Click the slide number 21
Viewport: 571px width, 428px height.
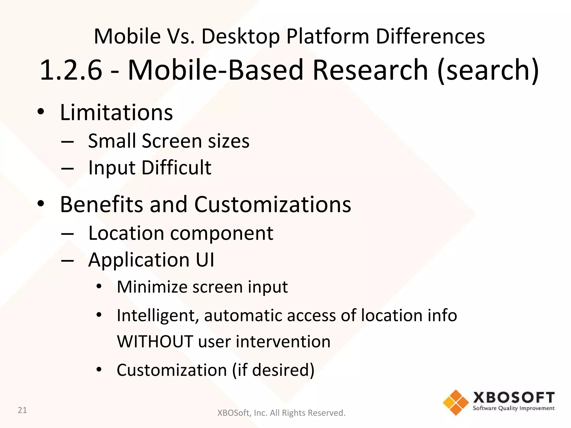(22, 410)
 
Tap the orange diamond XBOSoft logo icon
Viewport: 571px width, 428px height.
(456, 402)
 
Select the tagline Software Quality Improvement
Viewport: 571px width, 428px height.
(514, 408)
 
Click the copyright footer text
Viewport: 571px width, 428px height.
(281, 413)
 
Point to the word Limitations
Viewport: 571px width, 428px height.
(117, 113)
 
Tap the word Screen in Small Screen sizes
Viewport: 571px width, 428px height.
(172, 141)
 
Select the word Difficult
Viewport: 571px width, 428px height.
(176, 168)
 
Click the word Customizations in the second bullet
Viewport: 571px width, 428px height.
(272, 205)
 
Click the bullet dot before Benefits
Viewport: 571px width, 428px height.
(41, 204)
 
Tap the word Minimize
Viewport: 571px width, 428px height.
(151, 287)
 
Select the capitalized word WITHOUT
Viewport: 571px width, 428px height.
(155, 342)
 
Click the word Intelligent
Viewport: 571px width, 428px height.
(158, 316)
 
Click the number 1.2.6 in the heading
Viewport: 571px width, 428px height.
(71, 70)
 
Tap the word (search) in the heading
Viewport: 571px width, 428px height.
(488, 70)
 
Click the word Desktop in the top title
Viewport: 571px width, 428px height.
(240, 37)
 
